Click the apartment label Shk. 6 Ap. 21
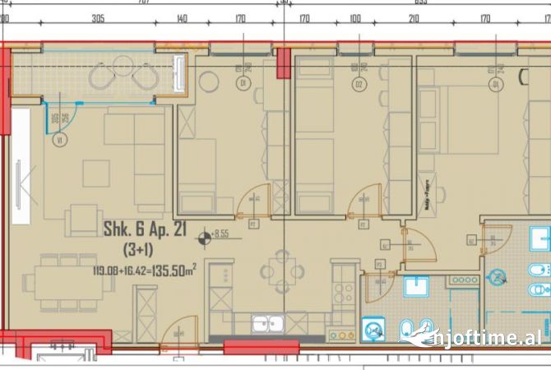[144, 231]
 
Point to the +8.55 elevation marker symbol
[203, 240]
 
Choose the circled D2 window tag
[359, 83]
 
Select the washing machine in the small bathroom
[374, 330]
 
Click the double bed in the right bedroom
[473, 119]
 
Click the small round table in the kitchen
[280, 271]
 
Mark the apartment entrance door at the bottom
[178, 335]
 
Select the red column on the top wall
[283, 62]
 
